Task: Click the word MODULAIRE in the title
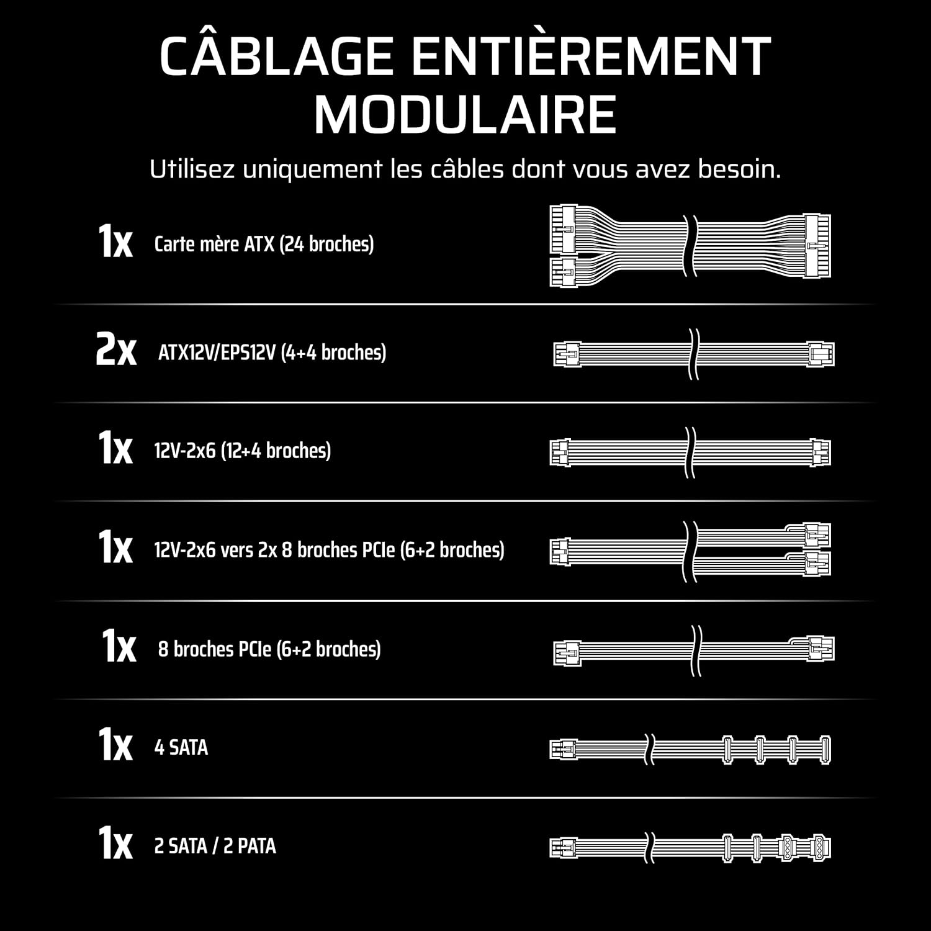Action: coord(465,115)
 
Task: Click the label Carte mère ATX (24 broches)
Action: coord(264,244)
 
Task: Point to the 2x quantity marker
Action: coord(116,349)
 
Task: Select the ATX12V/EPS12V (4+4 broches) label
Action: coord(272,353)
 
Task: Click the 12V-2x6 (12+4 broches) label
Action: coord(242,450)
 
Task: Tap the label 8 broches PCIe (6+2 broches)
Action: coord(269,649)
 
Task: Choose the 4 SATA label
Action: coord(181,747)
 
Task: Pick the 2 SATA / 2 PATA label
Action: coord(215,846)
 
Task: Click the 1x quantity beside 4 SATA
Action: coord(115,744)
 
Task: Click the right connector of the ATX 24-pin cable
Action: coord(817,246)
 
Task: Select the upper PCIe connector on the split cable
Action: coord(817,534)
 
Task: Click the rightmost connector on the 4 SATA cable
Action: coord(825,750)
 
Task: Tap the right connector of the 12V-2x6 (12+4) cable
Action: coord(821,452)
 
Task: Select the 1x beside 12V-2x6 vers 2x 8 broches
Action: coord(115,546)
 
